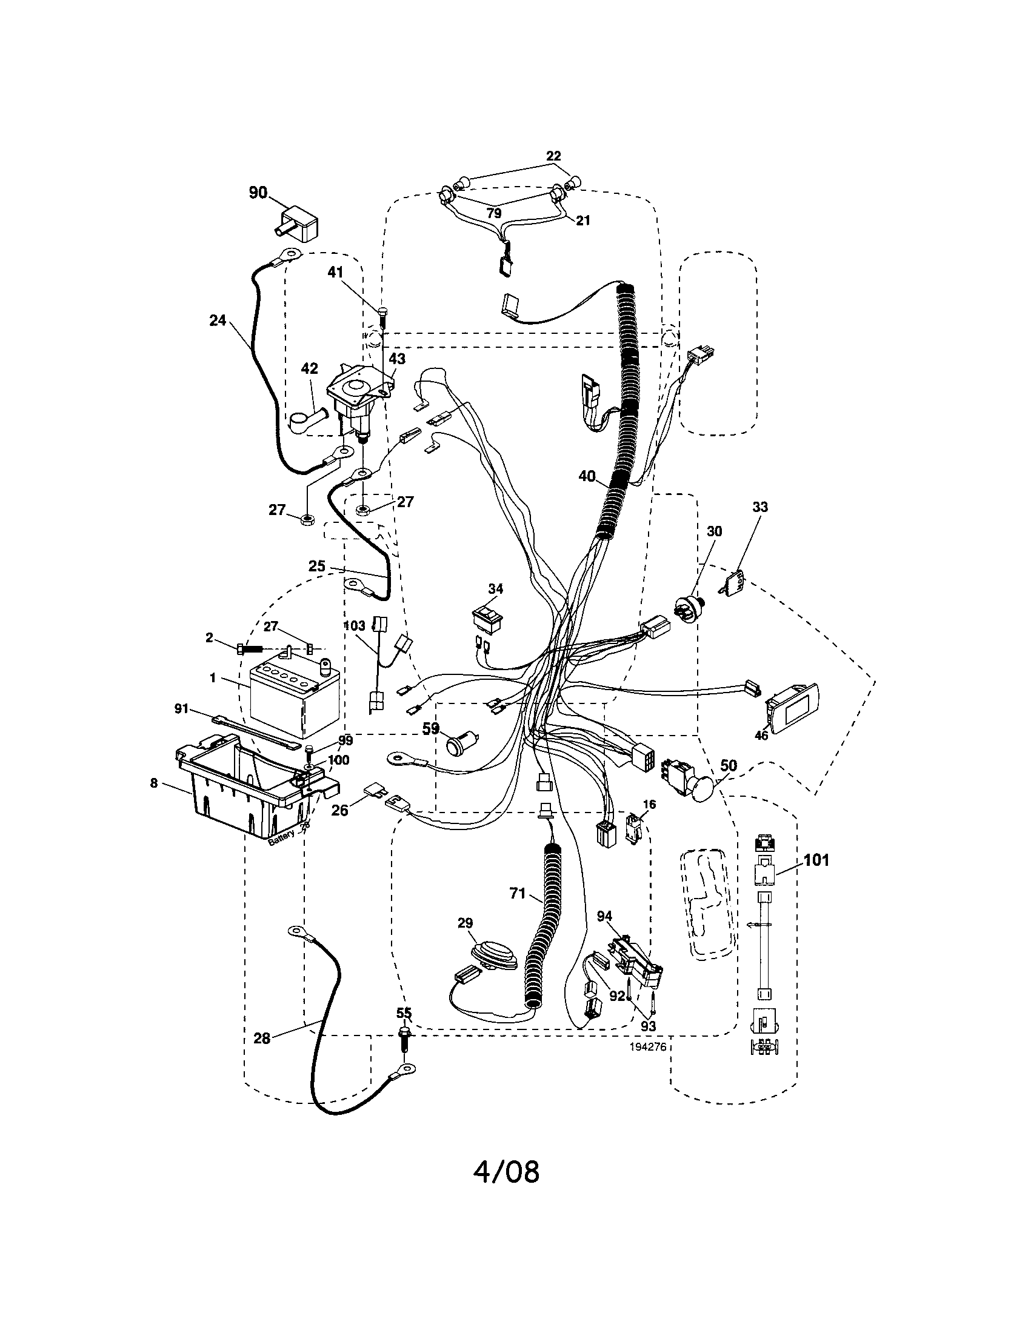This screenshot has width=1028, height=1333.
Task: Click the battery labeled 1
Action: pos(293,699)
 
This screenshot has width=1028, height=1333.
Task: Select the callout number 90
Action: pos(258,193)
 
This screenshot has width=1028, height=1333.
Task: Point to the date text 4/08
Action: pos(507,1172)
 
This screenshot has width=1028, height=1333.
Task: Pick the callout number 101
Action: pos(816,860)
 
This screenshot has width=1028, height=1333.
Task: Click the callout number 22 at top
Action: pos(553,156)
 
